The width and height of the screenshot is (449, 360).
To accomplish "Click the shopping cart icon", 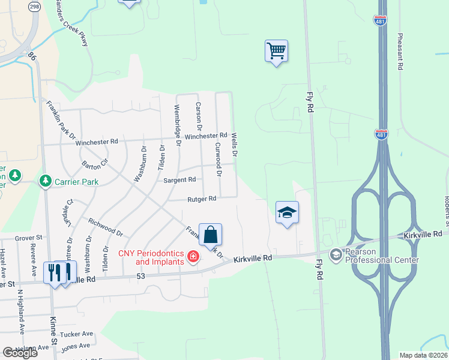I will (276, 50).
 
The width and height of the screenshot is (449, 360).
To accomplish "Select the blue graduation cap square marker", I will (288, 212).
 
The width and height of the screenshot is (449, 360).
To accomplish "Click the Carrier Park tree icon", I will (45, 181).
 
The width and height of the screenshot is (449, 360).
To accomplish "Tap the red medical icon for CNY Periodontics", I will (193, 257).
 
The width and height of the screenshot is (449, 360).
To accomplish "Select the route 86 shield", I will (32, 55).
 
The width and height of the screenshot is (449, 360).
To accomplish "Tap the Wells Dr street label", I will (235, 146).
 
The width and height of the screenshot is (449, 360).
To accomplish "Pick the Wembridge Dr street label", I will (178, 125).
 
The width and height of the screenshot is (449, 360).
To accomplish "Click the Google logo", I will (20, 352).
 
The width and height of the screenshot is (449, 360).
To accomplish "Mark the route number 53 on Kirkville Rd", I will (141, 276).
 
